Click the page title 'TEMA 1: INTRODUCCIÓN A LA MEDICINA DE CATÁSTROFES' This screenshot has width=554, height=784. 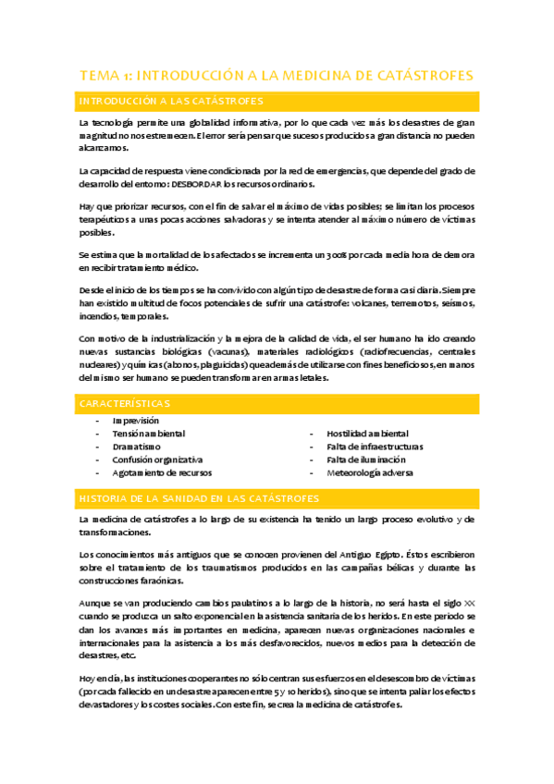tap(277, 75)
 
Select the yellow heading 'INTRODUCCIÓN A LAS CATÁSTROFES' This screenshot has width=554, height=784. tap(172, 101)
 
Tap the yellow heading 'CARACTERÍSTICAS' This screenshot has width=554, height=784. tap(125, 404)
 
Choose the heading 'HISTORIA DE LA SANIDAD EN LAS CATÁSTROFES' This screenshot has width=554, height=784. tap(199, 498)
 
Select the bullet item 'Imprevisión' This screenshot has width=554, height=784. tap(135, 421)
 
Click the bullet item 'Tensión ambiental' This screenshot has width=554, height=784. tap(148, 434)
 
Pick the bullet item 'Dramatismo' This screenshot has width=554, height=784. tap(136, 447)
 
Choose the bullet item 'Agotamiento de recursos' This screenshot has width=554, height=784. tap(161, 472)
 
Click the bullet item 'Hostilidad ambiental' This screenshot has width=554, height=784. tap(367, 434)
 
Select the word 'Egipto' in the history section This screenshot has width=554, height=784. tap(327, 554)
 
